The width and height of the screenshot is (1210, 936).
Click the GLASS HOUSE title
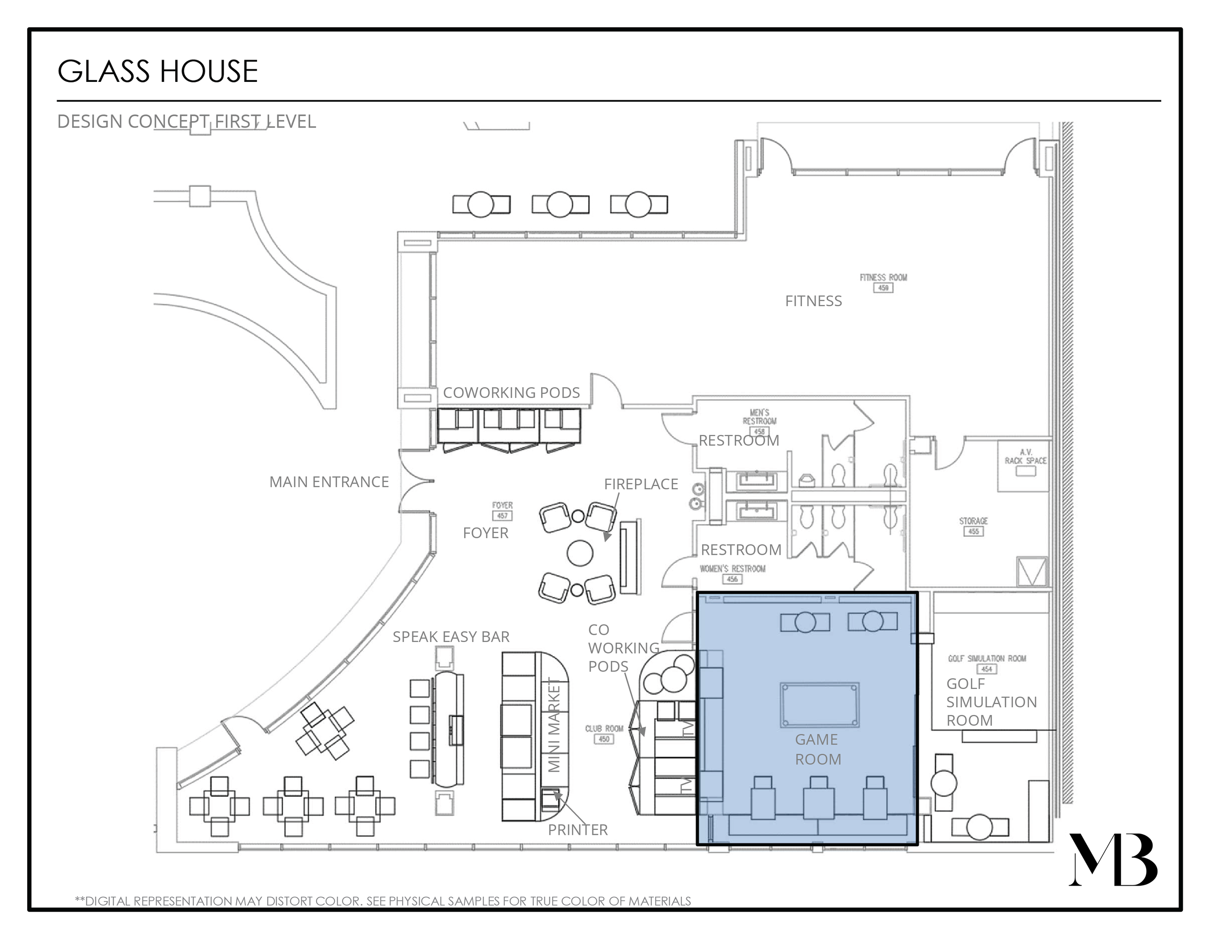157,72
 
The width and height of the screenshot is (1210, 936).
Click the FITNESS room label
813,301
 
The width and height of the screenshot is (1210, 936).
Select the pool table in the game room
819,705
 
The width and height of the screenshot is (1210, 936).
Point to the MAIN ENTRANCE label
329,482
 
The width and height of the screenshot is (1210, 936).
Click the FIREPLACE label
641,484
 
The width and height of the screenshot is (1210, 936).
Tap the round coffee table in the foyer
579,553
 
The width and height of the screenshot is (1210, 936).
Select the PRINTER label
577,829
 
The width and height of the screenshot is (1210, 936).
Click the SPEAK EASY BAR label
451,637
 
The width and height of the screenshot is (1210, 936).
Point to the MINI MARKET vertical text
554,726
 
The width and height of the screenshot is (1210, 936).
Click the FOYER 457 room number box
502,515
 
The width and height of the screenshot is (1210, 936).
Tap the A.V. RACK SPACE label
1025,456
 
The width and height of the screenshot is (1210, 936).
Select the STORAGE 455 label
973,526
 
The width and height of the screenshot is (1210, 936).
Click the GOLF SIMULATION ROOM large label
990,702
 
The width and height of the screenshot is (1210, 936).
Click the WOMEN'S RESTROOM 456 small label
732,573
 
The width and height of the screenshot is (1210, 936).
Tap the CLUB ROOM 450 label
604,733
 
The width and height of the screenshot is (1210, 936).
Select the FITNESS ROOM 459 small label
883,281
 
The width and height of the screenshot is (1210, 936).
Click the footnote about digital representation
383,901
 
